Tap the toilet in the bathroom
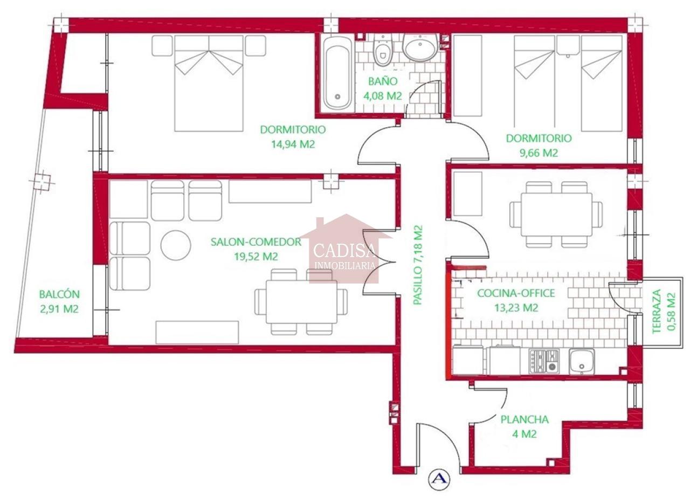click(383, 50)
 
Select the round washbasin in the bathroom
click(420, 46)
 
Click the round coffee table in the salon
click(176, 245)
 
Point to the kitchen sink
click(582, 361)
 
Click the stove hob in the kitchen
click(544, 361)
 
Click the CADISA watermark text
click(344, 250)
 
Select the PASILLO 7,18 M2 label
click(417, 265)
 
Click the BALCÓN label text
click(59, 294)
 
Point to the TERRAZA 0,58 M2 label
click(665, 312)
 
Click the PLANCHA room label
click(525, 419)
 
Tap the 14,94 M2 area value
click(293, 144)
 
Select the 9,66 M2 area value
click(539, 153)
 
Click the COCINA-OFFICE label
click(516, 293)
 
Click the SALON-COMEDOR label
click(256, 241)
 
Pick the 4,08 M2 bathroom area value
click(383, 96)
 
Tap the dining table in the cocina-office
click(556, 215)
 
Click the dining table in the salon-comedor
click(301, 302)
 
